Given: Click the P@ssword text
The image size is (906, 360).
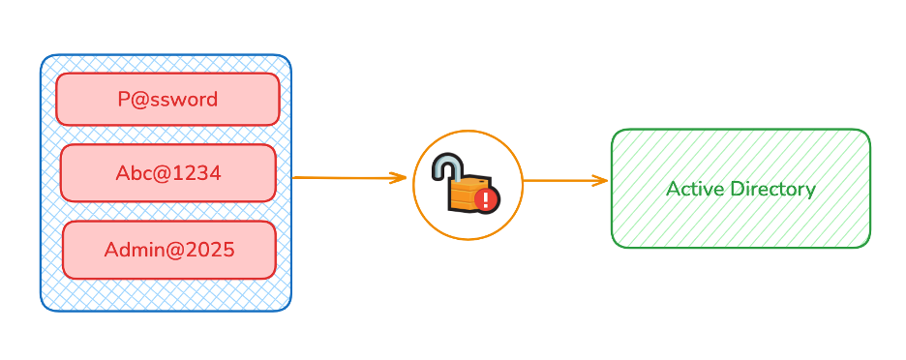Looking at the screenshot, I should (167, 99).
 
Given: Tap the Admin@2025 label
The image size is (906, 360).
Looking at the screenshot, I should (169, 249).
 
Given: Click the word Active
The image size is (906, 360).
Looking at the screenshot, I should (694, 189).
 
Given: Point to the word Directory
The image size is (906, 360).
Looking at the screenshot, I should (771, 189).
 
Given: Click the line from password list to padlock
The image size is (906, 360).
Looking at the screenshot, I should (339, 178).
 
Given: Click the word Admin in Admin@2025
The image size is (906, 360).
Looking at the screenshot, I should (130, 249).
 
